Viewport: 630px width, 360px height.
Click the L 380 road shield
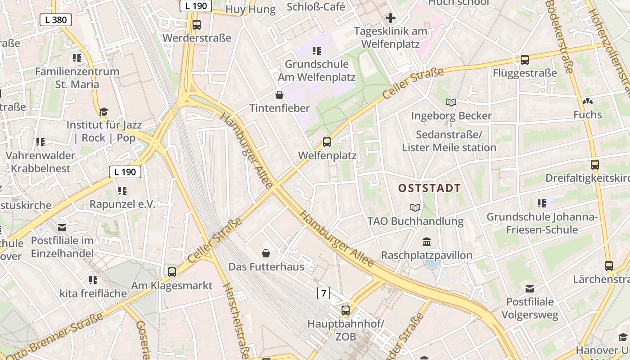[x=56, y=19]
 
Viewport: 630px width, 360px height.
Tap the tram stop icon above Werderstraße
[x=196, y=25]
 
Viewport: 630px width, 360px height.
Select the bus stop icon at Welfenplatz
[x=327, y=142]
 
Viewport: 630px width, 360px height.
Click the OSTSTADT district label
[x=430, y=188]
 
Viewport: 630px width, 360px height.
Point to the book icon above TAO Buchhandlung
[x=415, y=207]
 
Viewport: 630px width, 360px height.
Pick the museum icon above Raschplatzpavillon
[x=427, y=242]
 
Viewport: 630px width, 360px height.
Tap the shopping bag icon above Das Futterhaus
[x=266, y=253]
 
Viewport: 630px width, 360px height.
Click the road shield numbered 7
[x=323, y=293]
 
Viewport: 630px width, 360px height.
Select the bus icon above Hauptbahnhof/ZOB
[x=345, y=310]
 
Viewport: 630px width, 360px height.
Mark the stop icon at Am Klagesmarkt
[x=171, y=272]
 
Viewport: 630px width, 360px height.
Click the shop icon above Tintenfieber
[x=279, y=94]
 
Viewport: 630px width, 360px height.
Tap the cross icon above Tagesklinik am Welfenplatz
[x=390, y=18]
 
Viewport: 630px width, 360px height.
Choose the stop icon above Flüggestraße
[x=524, y=59]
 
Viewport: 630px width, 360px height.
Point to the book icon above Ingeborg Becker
[x=451, y=102]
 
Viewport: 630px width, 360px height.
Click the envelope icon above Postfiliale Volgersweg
[x=530, y=288]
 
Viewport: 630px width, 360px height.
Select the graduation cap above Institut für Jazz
[x=104, y=111]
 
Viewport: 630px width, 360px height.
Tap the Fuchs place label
[x=587, y=115]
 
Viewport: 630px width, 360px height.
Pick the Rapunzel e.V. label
[x=122, y=204]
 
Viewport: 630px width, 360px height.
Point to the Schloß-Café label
[x=316, y=7]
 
